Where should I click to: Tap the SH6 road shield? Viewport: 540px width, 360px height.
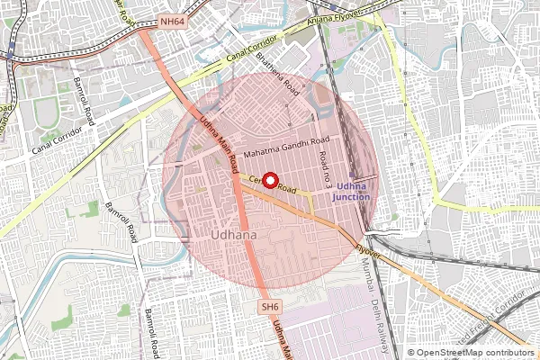(270, 307)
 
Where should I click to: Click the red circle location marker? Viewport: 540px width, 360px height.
(268, 180)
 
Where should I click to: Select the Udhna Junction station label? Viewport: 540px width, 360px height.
(350, 190)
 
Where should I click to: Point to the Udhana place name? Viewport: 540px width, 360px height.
(233, 236)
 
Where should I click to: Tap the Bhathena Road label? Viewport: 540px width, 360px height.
(277, 75)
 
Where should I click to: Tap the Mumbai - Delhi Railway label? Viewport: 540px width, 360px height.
(371, 310)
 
